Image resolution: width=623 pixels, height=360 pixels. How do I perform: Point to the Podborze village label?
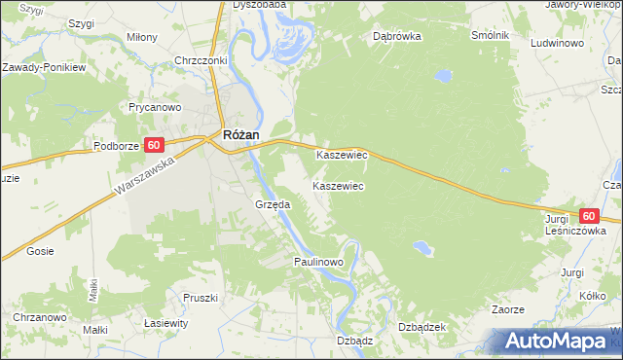(x=117, y=146)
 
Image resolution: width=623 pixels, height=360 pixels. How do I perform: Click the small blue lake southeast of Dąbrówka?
(x=443, y=74)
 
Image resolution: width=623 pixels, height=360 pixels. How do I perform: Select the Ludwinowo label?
(x=557, y=44)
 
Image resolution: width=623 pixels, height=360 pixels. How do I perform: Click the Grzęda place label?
(x=273, y=205)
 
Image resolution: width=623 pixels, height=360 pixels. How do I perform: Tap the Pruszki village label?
(x=202, y=297)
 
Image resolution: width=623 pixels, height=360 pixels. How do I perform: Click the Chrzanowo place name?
(x=39, y=317)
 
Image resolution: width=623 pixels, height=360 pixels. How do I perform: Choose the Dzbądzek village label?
(x=422, y=327)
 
